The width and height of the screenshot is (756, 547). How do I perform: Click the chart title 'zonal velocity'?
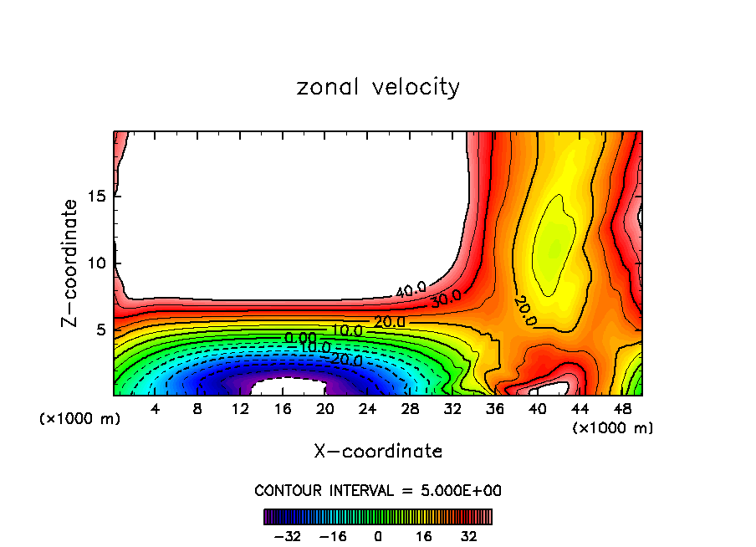pyautogui.click(x=378, y=87)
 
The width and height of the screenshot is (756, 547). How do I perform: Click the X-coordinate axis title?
pyautogui.click(x=378, y=452)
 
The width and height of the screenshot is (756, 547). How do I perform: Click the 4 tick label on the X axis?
pyautogui.click(x=156, y=409)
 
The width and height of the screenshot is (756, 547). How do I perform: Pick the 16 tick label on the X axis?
pyautogui.click(x=283, y=409)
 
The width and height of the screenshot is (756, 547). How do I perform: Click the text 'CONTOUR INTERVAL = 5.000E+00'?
pyautogui.click(x=378, y=490)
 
